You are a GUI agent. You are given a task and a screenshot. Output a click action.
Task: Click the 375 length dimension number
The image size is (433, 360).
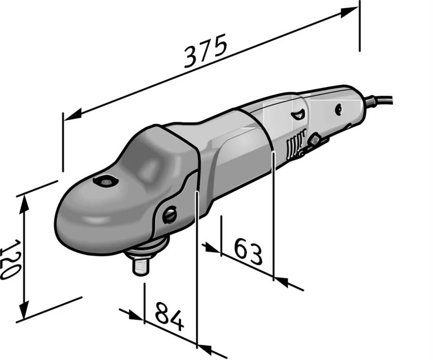click(x=205, y=51)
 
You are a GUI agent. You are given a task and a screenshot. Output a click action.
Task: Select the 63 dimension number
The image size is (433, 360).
click(x=248, y=251)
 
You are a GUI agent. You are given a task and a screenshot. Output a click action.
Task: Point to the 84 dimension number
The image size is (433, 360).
click(x=169, y=316)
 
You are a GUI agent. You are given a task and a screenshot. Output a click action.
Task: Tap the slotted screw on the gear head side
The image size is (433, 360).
click(x=170, y=214)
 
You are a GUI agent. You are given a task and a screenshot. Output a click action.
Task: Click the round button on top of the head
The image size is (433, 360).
click(x=106, y=181)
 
